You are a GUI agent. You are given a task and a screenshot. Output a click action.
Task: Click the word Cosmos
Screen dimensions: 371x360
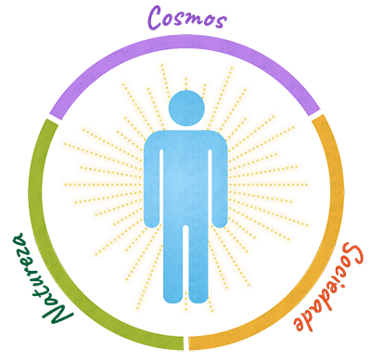point(189,18)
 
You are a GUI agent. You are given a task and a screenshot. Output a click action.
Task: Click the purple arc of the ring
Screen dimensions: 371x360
point(185,40)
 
